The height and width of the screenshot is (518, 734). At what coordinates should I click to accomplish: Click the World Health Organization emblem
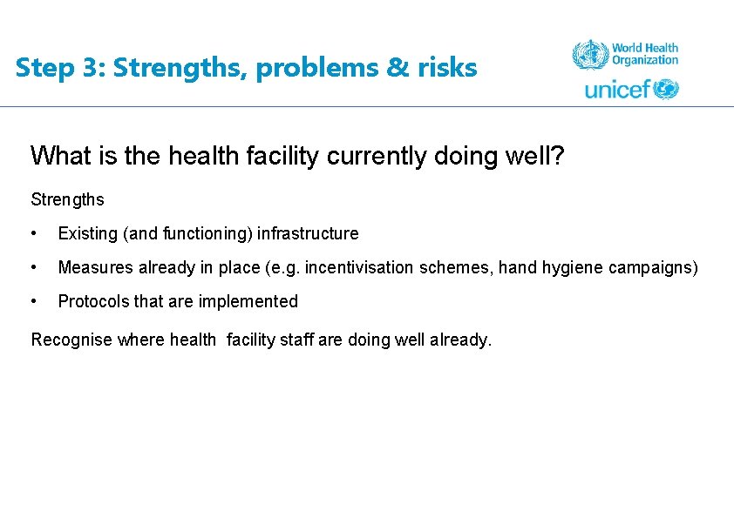[x=589, y=55]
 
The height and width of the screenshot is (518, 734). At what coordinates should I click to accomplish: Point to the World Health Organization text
[x=644, y=54]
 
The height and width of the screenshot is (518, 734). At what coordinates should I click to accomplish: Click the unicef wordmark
[x=617, y=89]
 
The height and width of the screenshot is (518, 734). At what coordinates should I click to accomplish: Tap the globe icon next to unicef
[x=667, y=89]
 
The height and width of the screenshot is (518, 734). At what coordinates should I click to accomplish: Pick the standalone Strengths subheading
[x=67, y=199]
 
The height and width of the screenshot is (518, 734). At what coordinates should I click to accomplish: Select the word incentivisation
[x=361, y=267]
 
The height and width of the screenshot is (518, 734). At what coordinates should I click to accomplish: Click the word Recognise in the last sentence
[x=71, y=340]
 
